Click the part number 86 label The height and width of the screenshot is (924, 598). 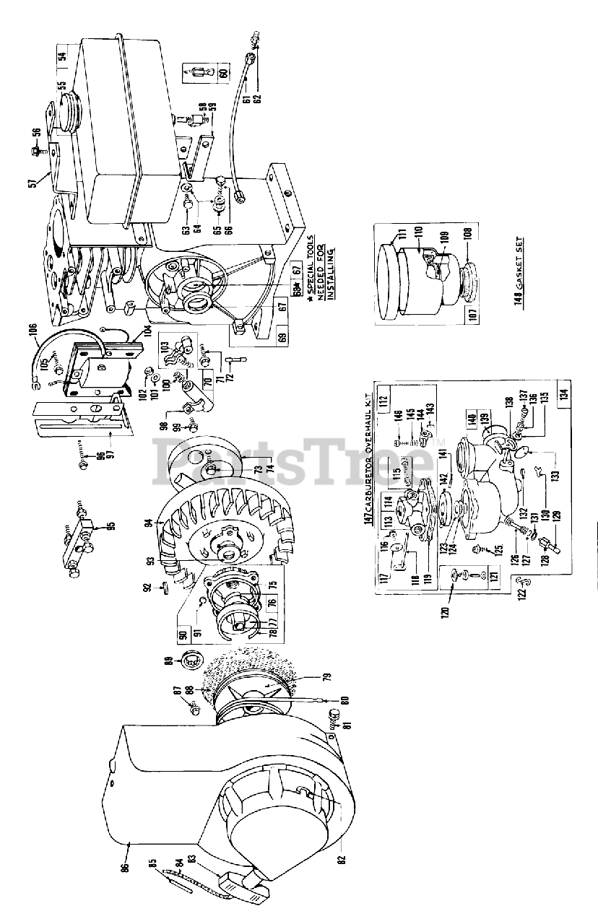123,863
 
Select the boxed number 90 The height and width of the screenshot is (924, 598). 183,636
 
